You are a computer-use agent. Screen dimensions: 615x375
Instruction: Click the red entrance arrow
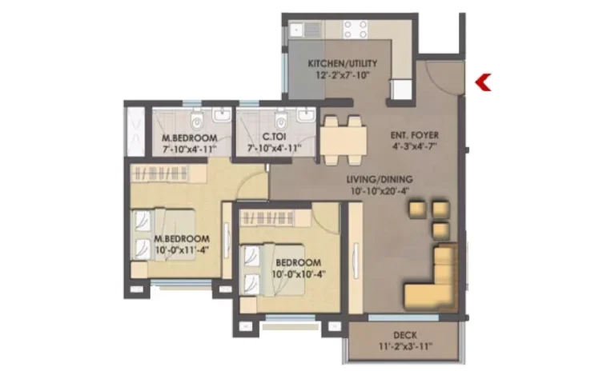tap(483, 82)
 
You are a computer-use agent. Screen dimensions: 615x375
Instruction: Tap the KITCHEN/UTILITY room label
tap(343, 63)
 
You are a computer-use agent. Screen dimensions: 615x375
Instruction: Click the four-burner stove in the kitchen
tap(356, 30)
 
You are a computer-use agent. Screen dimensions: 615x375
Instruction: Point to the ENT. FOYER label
tap(415, 135)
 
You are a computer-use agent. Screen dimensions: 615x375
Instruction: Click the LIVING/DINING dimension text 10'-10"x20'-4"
tap(380, 191)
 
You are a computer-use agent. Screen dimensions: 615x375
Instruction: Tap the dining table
tap(344, 141)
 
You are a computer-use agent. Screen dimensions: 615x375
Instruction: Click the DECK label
tap(405, 336)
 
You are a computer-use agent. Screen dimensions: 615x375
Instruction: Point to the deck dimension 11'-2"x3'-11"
tap(405, 346)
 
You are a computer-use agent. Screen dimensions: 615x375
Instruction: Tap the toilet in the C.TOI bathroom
tap(281, 120)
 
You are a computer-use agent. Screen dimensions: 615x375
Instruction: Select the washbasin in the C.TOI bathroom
tap(306, 115)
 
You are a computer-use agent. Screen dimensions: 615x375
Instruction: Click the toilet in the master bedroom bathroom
tap(196, 120)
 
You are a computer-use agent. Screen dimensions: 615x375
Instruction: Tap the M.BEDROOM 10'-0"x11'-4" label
tap(182, 244)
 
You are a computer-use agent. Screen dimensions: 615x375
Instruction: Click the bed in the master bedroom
tap(163, 234)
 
